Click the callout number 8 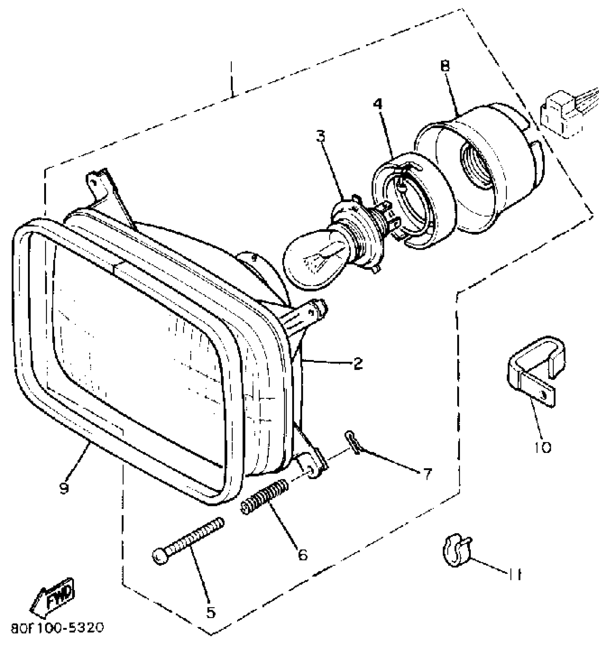(445, 66)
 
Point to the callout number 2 (357, 364)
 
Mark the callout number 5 (211, 611)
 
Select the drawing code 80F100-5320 (57, 628)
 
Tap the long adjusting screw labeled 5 (188, 541)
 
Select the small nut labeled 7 (352, 442)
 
